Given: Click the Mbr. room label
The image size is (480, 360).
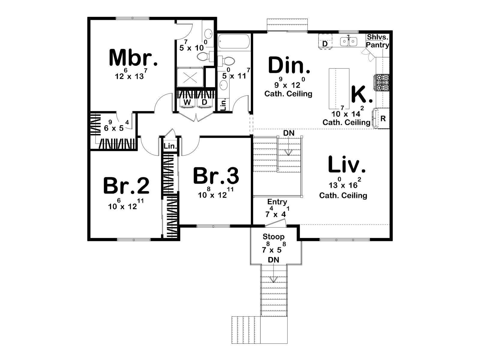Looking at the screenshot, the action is (x=133, y=58).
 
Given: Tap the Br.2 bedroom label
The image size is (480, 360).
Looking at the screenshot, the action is (x=126, y=186).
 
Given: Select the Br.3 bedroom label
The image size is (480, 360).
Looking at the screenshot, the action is (x=216, y=175).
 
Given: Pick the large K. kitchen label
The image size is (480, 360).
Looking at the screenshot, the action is (x=362, y=94).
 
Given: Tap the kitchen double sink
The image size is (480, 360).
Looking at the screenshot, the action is (x=349, y=41).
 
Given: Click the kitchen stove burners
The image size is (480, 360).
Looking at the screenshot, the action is (x=382, y=82).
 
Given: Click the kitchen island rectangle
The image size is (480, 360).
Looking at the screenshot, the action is (x=339, y=88).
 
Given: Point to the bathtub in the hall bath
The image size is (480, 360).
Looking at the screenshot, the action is (x=233, y=41).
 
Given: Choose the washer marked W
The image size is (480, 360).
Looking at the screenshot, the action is (x=187, y=103).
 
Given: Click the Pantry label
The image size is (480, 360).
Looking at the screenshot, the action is (x=377, y=45).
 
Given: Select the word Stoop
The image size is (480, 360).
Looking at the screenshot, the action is (x=274, y=236).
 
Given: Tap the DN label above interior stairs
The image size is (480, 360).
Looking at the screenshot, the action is (x=289, y=133).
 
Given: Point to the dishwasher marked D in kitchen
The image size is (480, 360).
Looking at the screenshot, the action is (x=325, y=44).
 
